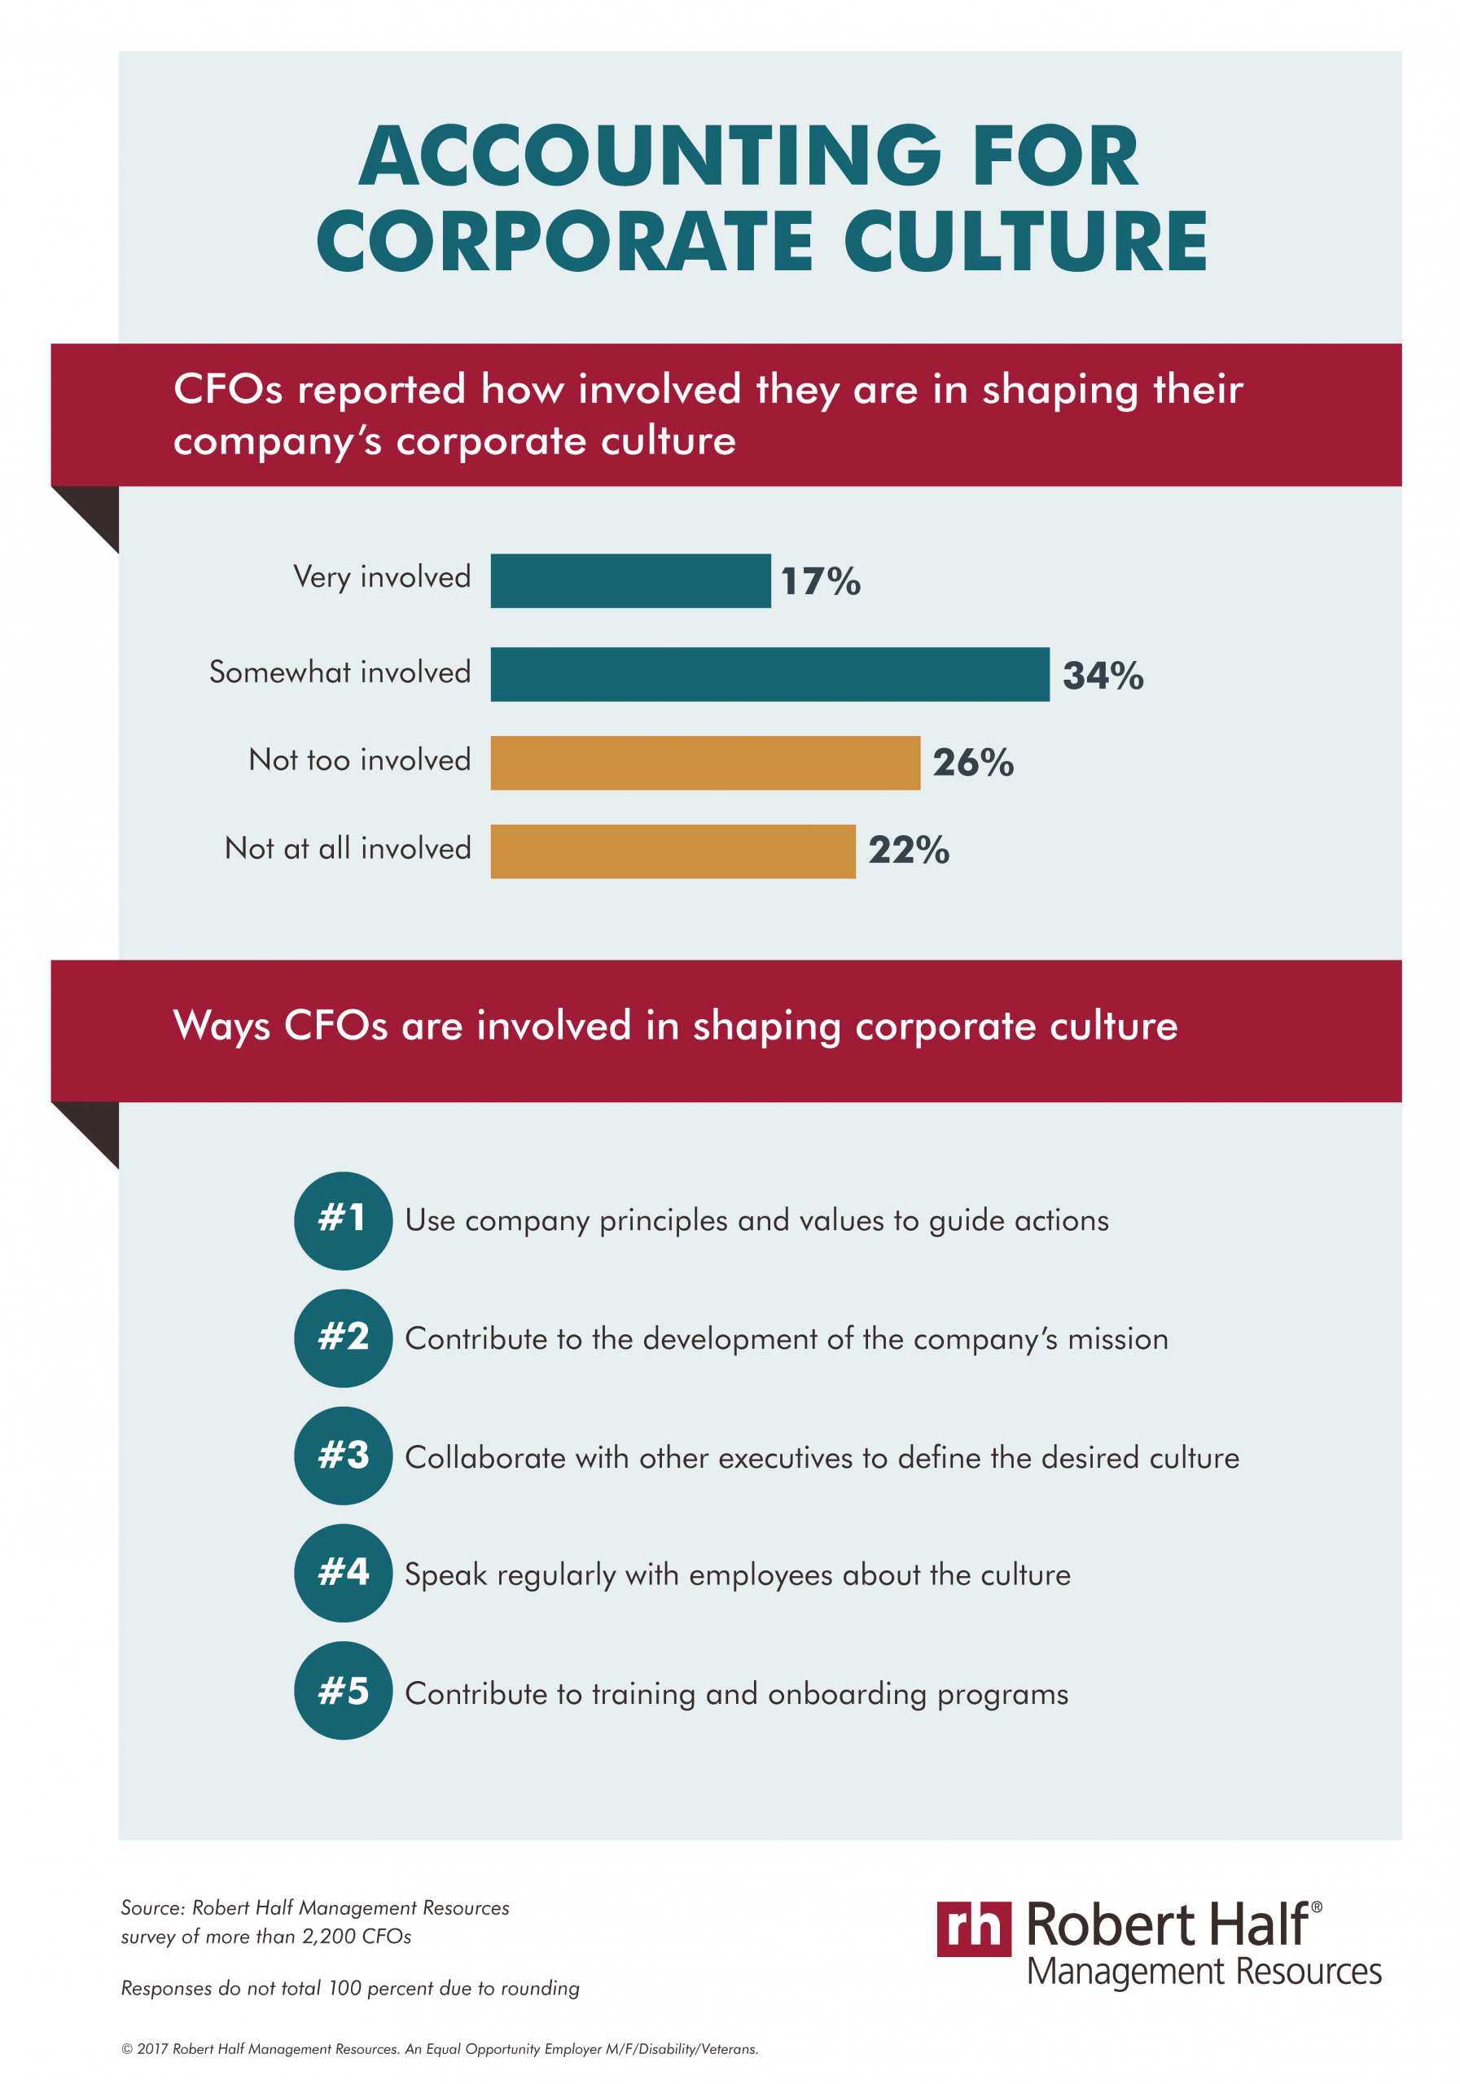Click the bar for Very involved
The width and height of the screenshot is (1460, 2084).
(630, 581)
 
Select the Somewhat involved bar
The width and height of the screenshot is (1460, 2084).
(769, 674)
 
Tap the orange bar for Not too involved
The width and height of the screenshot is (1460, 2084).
(704, 763)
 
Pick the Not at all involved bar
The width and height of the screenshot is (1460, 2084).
(672, 852)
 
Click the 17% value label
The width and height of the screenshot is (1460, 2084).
(820, 582)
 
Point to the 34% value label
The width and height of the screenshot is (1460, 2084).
(1103, 676)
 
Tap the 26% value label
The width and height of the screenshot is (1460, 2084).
(972, 763)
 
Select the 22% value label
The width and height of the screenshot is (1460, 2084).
(908, 851)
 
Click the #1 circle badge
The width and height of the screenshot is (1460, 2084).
(343, 1220)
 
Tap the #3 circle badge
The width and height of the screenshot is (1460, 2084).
(343, 1456)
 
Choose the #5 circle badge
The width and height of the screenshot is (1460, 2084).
(343, 1691)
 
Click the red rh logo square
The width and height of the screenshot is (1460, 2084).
(973, 1929)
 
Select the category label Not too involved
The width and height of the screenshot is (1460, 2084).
(360, 760)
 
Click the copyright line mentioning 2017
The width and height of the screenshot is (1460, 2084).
(440, 2049)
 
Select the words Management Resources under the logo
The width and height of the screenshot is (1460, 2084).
(1203, 1972)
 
